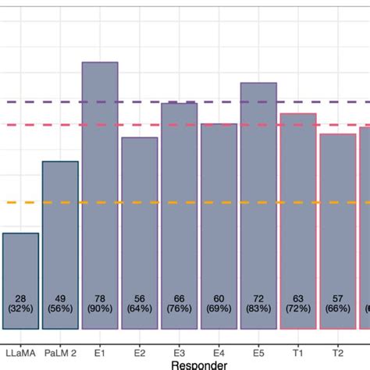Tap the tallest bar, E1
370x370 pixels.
100,195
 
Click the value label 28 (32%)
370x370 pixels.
20,304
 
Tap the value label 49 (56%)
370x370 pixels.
60,304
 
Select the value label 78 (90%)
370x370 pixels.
100,304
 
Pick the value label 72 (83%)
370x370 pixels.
258,304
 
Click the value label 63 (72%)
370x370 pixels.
298,304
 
